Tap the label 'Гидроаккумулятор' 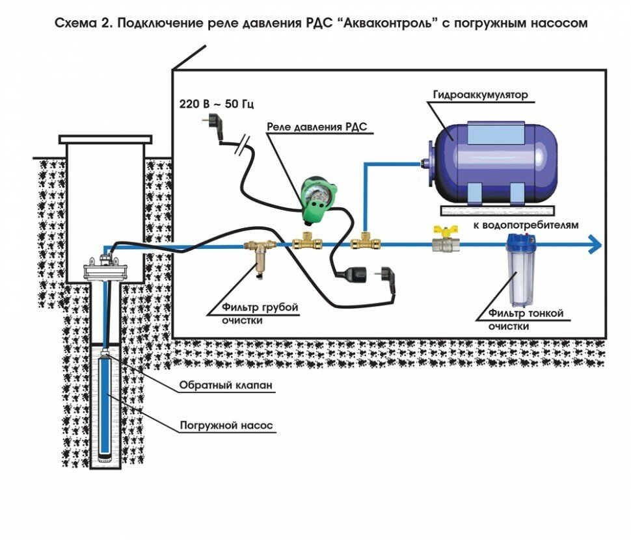point(480,95)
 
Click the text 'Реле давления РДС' point(317,127)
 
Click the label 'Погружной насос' point(226,427)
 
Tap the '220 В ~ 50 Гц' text point(217,103)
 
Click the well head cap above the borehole point(104,266)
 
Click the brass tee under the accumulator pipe point(362,244)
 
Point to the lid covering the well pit point(105,139)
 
